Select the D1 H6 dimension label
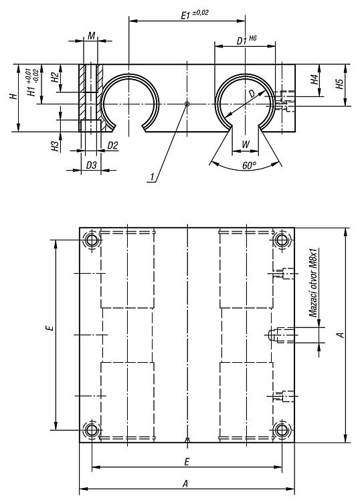246,40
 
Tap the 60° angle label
250,165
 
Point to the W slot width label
246,144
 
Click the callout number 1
153,177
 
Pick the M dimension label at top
92,35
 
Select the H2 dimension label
55,77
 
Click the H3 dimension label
55,146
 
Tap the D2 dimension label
112,146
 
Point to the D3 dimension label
91,165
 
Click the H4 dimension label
314,79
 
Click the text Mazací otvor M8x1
312,282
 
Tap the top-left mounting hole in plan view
92,240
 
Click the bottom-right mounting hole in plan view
282,430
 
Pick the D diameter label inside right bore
252,93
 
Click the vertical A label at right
341,335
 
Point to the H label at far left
13,96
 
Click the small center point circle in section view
187,104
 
